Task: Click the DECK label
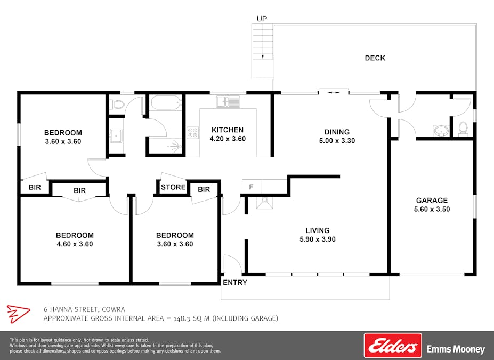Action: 375,58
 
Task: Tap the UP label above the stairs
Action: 262,19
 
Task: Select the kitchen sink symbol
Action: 228,101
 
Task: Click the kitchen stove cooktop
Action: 193,133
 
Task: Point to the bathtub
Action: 166,103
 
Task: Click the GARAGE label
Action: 432,201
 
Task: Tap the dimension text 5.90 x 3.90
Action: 318,239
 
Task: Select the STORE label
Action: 173,187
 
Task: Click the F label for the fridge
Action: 252,187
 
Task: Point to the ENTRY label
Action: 235,283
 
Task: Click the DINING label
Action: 337,132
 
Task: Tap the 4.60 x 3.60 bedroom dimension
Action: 75,244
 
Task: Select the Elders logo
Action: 393,346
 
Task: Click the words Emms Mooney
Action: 456,349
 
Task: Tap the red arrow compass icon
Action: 18,314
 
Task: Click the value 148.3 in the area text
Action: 182,318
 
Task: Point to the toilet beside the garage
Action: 463,129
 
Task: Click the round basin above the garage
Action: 441,131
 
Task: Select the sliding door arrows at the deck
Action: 333,93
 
